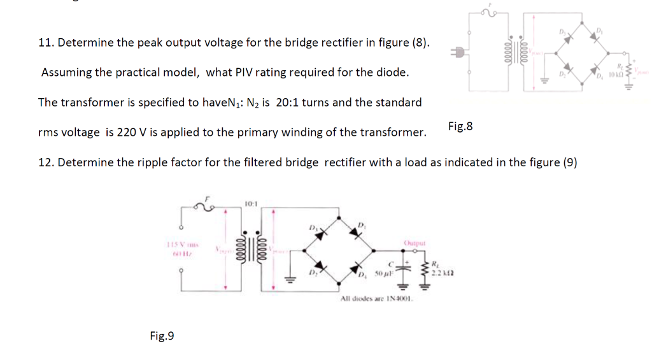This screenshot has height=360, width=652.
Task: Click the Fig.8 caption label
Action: (460, 126)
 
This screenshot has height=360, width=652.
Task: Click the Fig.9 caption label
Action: (162, 336)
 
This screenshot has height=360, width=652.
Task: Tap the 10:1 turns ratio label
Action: (250, 203)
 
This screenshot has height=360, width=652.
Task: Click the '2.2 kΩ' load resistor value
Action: (444, 273)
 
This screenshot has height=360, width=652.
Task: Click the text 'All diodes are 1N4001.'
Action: (377, 298)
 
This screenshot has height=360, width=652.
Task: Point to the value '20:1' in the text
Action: (288, 103)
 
